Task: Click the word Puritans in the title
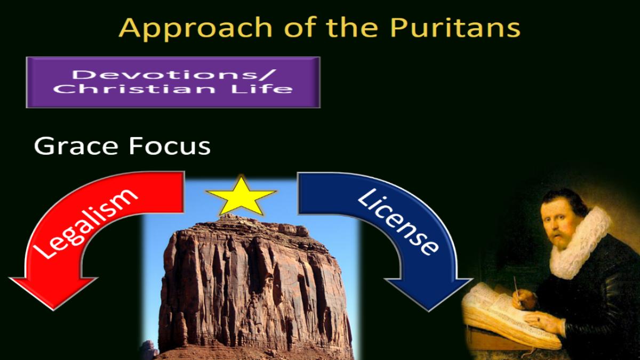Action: point(455,27)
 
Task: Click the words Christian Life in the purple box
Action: point(173,89)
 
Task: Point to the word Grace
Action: point(76,146)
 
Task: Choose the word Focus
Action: point(170,146)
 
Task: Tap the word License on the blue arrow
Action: point(398,221)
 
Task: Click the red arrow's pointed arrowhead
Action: point(53,293)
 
